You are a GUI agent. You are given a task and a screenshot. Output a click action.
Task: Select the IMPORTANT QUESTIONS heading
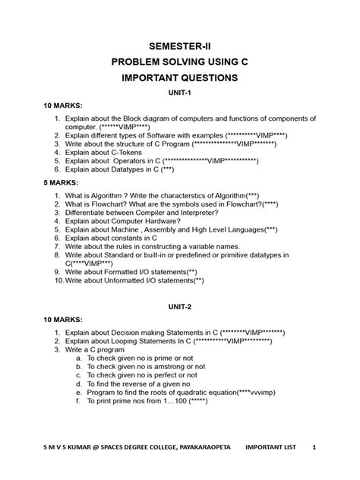pos(180,78)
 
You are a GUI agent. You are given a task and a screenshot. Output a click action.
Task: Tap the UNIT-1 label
pos(180,93)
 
